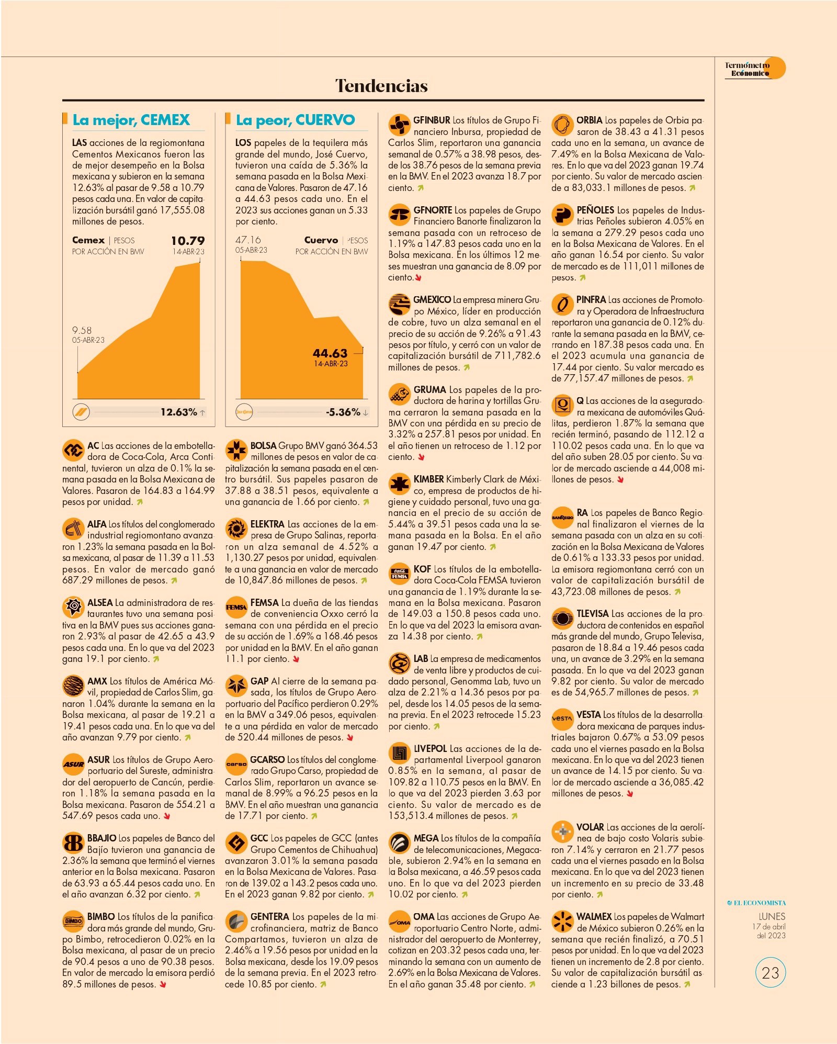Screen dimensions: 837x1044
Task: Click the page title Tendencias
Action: pyautogui.click(x=381, y=85)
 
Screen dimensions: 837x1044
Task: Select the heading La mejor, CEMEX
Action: pyautogui.click(x=131, y=120)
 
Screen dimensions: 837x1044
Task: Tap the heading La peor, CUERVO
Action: pyautogui.click(x=295, y=120)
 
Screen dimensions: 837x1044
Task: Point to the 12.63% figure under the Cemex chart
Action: pyautogui.click(x=179, y=412)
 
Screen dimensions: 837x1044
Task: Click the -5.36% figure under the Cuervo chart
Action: pyautogui.click(x=343, y=412)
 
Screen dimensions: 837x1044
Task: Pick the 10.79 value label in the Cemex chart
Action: pyautogui.click(x=188, y=241)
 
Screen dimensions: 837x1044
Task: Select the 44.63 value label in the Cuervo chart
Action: pyautogui.click(x=330, y=353)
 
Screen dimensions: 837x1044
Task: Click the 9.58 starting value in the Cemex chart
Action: pyautogui.click(x=82, y=330)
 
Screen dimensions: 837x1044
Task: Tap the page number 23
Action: pyautogui.click(x=771, y=973)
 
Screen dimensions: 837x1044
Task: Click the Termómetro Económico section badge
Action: pyautogui.click(x=754, y=69)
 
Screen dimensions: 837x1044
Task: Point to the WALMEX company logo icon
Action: pyautogui.click(x=562, y=922)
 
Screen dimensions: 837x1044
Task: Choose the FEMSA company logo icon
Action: pyautogui.click(x=236, y=607)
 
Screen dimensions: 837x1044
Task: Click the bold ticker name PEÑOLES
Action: pyautogui.click(x=595, y=210)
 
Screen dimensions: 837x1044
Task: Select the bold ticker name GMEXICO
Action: pyautogui.click(x=432, y=300)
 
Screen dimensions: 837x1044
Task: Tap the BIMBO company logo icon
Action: pyautogui.click(x=73, y=921)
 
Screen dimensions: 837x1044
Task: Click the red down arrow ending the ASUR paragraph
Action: pyautogui.click(x=167, y=816)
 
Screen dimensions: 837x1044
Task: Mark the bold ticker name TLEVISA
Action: pyautogui.click(x=593, y=613)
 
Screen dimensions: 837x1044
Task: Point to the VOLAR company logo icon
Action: pyautogui.click(x=562, y=832)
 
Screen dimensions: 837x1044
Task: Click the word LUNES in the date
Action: pyautogui.click(x=772, y=916)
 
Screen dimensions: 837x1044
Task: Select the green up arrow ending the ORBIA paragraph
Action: pyautogui.click(x=692, y=188)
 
